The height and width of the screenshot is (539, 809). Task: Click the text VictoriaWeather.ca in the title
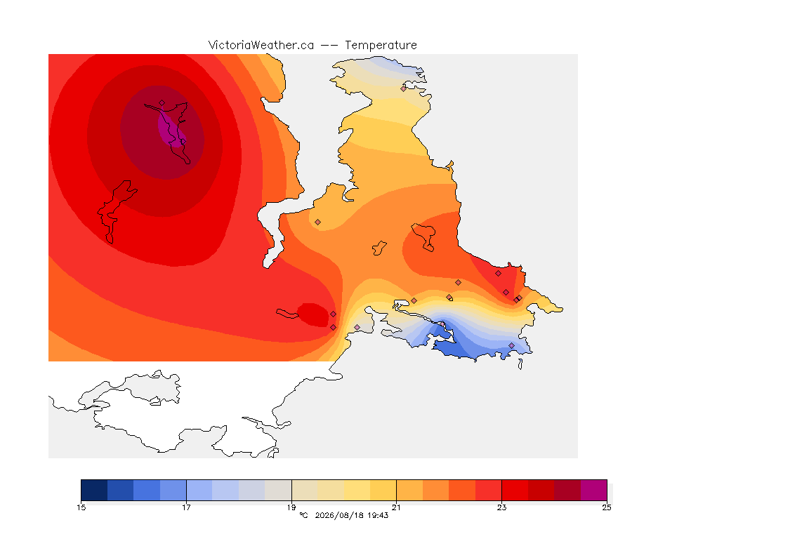(x=261, y=46)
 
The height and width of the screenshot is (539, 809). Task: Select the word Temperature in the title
(x=381, y=46)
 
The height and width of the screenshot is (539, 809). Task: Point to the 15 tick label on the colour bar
(x=81, y=507)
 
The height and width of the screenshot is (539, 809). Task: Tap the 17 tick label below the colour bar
(x=186, y=507)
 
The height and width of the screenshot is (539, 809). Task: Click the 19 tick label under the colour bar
(x=291, y=507)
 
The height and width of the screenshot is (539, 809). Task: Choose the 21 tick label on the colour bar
(x=396, y=507)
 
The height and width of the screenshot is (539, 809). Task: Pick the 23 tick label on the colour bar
(x=501, y=507)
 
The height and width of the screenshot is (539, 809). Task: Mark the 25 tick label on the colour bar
(x=607, y=507)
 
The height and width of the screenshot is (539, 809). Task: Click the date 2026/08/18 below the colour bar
(x=336, y=515)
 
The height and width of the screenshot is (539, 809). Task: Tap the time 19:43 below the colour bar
(x=379, y=515)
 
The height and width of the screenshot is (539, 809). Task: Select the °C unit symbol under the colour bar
(x=303, y=515)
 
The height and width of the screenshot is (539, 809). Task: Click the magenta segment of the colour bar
(x=594, y=490)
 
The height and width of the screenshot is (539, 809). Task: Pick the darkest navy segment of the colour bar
(x=94, y=490)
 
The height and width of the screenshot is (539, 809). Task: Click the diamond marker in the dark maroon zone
(x=162, y=103)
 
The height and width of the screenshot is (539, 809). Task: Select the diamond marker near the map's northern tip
(x=404, y=88)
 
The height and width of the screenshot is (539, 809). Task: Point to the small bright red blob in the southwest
(x=313, y=314)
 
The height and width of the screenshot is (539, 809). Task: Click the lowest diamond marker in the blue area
(x=511, y=345)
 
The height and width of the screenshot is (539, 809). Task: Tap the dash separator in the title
(x=329, y=46)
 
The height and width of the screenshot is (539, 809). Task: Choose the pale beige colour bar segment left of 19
(x=278, y=490)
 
